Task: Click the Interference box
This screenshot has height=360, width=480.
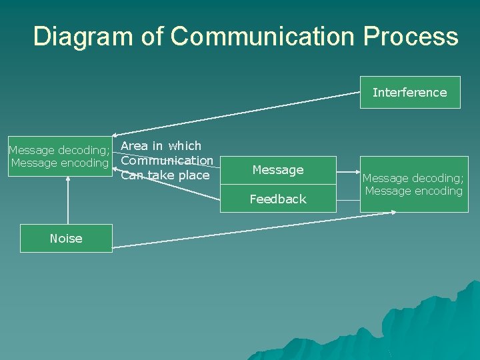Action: (x=409, y=93)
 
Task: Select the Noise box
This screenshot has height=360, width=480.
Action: (x=66, y=238)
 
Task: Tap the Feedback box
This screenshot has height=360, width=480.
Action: (x=278, y=199)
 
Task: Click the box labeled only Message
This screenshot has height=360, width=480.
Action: (x=278, y=170)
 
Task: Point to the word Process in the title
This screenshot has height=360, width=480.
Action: (x=411, y=37)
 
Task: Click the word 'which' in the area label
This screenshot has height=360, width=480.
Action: (x=185, y=146)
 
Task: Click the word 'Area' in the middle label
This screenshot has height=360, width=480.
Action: (x=135, y=146)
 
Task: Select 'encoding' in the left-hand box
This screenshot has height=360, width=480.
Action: (x=83, y=163)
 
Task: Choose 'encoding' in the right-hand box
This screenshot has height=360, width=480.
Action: (x=436, y=191)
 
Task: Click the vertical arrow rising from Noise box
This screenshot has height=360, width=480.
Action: (x=68, y=200)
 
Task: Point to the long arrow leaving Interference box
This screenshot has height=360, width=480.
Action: (x=240, y=113)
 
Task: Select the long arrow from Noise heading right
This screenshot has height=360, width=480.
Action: (x=253, y=230)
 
